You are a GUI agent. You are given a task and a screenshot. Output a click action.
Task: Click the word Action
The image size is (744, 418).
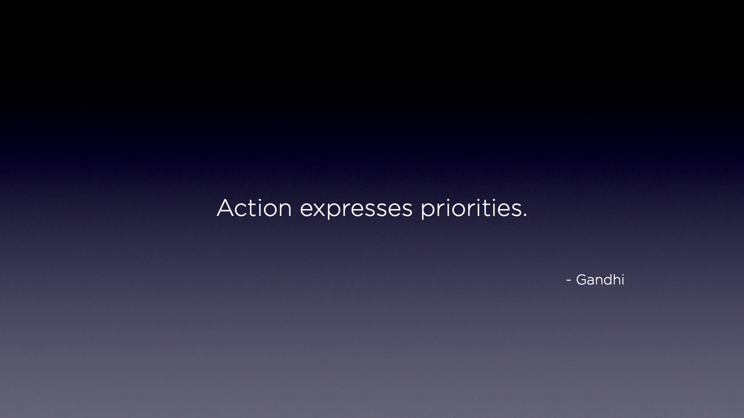(254, 208)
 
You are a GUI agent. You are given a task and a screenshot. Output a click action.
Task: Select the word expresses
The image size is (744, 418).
(356, 209)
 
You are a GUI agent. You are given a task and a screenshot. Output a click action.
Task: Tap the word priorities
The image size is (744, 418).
(471, 209)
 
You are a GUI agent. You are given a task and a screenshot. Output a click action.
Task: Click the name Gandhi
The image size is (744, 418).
(600, 279)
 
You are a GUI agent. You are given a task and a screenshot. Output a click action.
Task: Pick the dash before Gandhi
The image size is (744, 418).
(569, 281)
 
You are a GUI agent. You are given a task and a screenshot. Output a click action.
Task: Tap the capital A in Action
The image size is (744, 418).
(226, 208)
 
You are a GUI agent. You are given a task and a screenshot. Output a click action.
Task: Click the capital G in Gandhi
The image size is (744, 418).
(582, 280)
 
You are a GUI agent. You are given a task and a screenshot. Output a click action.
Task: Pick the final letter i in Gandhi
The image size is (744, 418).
(623, 280)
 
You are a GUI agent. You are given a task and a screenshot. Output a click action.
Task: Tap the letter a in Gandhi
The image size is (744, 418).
(593, 281)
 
